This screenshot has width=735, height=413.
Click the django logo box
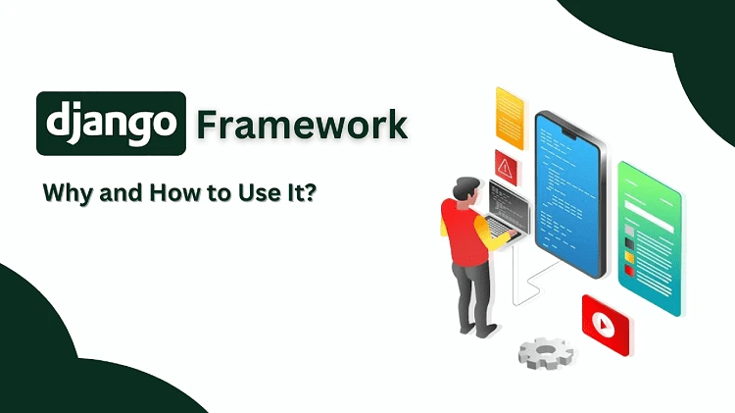tap(111, 125)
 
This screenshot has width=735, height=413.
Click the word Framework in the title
tap(301, 125)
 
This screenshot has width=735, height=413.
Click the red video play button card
tap(605, 320)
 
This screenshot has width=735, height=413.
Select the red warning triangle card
tap(508, 164)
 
